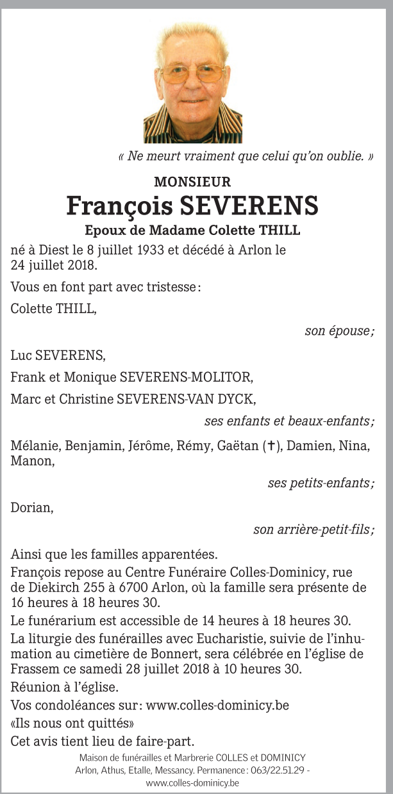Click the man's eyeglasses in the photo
(192, 74)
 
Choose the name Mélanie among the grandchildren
(32, 447)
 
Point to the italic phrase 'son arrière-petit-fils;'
(314, 530)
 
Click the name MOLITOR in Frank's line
(229, 377)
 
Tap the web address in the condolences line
(217, 706)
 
